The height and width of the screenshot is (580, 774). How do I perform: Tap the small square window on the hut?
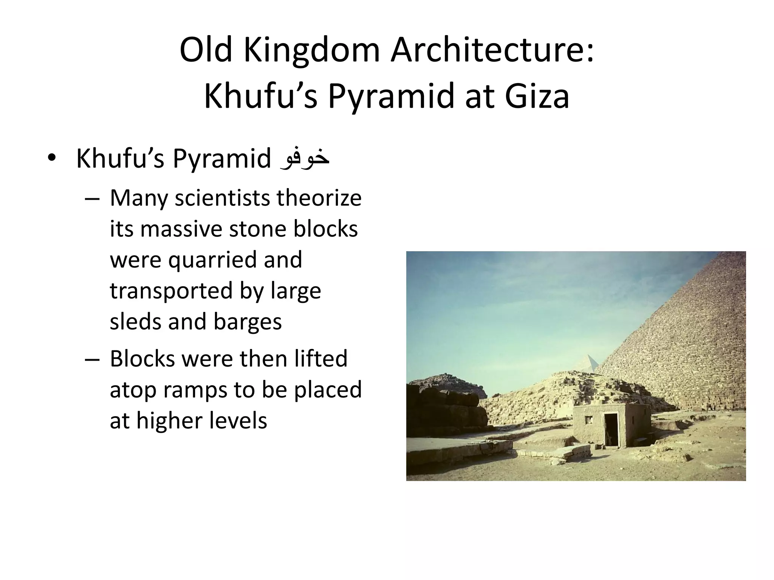click(x=588, y=420)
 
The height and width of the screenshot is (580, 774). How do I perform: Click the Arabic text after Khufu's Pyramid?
click(x=304, y=159)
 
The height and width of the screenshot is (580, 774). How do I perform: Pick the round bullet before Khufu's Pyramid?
click(x=52, y=159)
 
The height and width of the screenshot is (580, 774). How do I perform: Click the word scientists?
click(x=222, y=198)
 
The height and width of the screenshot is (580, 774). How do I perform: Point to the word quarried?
click(x=211, y=260)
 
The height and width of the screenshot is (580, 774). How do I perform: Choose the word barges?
click(x=248, y=322)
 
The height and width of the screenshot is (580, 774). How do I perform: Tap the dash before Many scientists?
click(x=92, y=199)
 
